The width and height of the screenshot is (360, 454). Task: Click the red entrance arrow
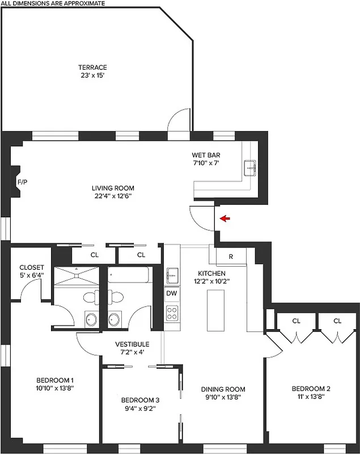[225, 218]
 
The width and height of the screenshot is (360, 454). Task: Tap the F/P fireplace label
[22, 183]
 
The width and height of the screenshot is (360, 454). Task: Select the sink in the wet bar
[250, 168]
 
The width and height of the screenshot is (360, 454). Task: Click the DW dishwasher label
[172, 293]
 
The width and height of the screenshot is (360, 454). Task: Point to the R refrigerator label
[231, 257]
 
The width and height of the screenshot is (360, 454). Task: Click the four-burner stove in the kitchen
[172, 312]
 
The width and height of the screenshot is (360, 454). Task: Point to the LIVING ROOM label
[113, 188]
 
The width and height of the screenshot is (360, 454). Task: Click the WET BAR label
[206, 155]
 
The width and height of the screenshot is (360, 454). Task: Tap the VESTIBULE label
[132, 344]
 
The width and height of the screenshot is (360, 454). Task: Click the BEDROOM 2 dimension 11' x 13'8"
[311, 397]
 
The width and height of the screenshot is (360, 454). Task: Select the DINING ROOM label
[223, 389]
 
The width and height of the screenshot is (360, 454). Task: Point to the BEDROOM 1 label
[55, 380]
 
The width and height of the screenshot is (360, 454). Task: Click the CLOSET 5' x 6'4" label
[32, 271]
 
